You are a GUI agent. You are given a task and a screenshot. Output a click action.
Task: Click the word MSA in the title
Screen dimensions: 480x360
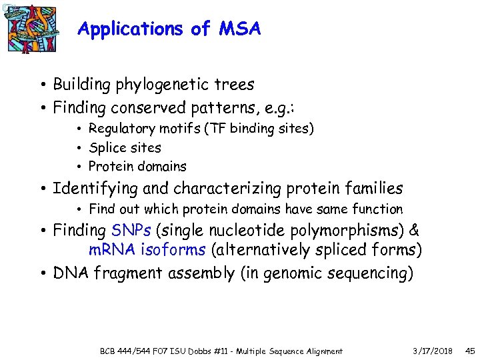[238, 29]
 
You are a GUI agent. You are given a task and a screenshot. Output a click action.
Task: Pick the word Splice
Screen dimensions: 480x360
[105, 147]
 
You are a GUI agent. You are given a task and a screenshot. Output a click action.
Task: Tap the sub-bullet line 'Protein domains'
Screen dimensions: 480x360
[137, 167]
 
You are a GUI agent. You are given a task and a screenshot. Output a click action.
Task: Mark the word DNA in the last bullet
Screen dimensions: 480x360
[71, 273]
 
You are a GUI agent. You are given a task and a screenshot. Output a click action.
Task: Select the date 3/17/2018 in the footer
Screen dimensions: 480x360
[433, 351]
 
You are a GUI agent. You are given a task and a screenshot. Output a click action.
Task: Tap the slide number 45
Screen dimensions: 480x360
[469, 351]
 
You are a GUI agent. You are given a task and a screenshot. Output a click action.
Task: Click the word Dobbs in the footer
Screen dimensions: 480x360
[206, 351]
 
